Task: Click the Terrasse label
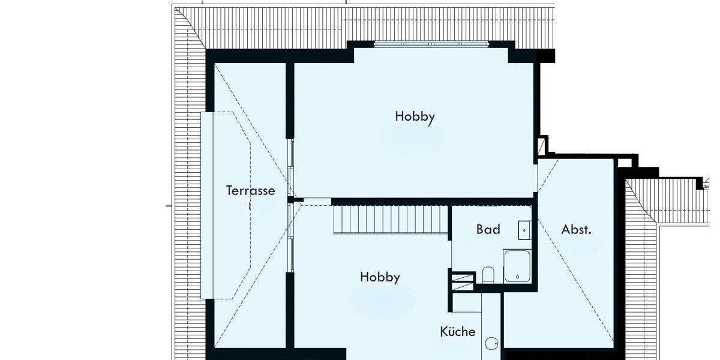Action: [x=250, y=191]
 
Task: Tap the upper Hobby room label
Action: [x=415, y=116]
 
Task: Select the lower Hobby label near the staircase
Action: [x=380, y=277]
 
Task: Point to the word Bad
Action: [x=488, y=229]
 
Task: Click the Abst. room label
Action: [x=572, y=229]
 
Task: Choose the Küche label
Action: [x=458, y=332]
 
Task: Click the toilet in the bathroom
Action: [x=488, y=275]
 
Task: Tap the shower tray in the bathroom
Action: [x=517, y=266]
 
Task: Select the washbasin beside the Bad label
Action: [x=524, y=229]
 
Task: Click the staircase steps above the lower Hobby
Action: [x=390, y=220]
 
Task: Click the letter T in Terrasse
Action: [x=229, y=191]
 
